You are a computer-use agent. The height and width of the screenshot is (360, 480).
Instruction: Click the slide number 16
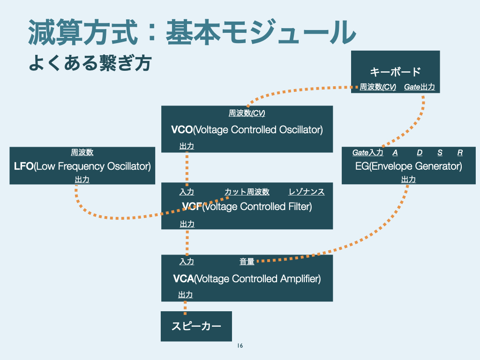tap(240, 346)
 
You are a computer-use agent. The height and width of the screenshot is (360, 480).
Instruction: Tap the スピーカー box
tap(196, 326)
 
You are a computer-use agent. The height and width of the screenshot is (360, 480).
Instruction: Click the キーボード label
tap(395, 72)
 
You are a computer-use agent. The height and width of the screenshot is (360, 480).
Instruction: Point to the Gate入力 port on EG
tap(368, 152)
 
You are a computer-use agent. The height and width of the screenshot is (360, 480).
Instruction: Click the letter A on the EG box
tap(395, 152)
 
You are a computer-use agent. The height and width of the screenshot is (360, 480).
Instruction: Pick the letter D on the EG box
tap(420, 152)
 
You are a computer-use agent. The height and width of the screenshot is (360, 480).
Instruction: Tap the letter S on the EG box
tap(440, 152)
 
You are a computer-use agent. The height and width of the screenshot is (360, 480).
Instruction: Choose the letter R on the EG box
tap(460, 152)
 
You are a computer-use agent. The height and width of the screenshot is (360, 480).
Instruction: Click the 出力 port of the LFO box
tap(82, 180)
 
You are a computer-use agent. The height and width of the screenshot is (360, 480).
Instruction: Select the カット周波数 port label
tap(247, 192)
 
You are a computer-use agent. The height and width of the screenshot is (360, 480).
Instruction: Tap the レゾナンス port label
tap(307, 192)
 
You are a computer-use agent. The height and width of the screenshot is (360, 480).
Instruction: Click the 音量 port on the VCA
tap(247, 262)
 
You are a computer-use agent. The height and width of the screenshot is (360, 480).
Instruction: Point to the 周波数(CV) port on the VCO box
tap(247, 113)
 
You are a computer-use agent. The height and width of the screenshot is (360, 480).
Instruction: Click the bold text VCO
tap(182, 130)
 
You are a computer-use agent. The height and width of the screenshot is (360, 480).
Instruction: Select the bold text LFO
tap(24, 166)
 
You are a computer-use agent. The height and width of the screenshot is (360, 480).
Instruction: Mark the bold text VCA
tap(183, 279)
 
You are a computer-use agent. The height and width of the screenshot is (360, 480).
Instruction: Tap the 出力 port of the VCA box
tap(185, 295)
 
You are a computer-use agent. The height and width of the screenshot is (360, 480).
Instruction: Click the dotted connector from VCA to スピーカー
tap(185, 307)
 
